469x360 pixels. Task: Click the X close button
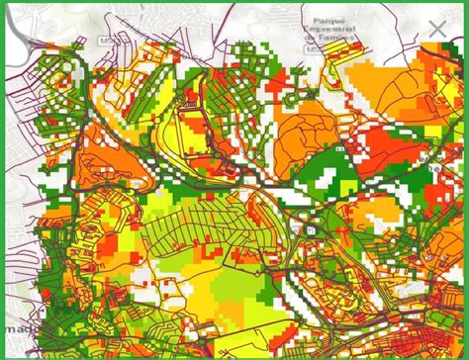[436, 30]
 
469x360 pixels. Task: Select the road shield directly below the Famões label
[313, 49]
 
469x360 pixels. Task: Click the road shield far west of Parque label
[105, 42]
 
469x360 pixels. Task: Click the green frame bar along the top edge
[234, 3]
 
